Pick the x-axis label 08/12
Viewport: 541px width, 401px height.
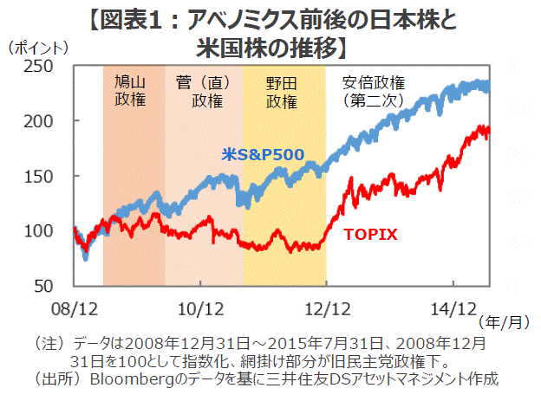75,307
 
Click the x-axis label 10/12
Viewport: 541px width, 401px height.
201,307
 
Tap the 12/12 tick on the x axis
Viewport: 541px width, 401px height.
327,307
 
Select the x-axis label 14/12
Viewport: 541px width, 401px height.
453,307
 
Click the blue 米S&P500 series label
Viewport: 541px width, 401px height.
261,155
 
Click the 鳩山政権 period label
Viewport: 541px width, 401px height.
130,90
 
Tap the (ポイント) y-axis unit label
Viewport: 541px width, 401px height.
38,49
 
